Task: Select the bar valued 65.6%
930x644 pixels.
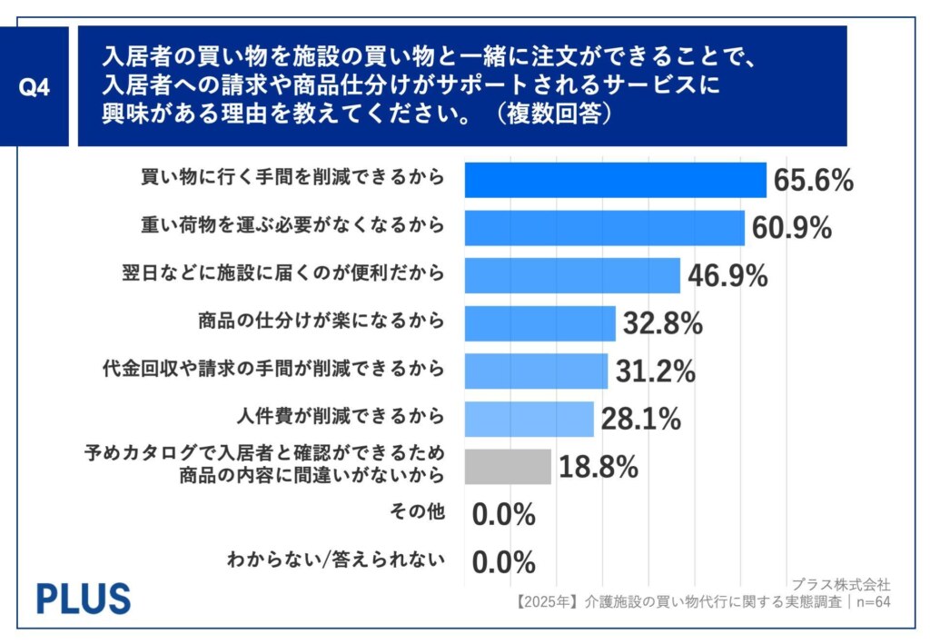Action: tap(615, 179)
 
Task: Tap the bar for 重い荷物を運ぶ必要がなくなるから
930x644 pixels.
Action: tap(604, 227)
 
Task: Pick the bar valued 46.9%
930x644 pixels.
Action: tap(572, 275)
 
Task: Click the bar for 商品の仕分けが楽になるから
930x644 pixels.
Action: tap(539, 322)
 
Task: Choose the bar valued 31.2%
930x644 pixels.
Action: tap(536, 371)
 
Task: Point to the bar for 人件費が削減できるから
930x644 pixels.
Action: tap(529, 418)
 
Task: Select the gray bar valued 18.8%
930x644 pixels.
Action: tap(508, 466)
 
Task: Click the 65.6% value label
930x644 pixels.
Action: tap(813, 180)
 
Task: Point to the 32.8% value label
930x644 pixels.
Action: tap(662, 323)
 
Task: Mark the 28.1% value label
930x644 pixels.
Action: tap(640, 419)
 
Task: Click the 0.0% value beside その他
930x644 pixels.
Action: tap(503, 515)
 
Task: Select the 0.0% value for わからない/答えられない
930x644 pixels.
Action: tap(503, 562)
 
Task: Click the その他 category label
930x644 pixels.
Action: tap(420, 512)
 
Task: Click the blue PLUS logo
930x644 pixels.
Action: tap(84, 598)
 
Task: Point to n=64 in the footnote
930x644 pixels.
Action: tap(869, 601)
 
